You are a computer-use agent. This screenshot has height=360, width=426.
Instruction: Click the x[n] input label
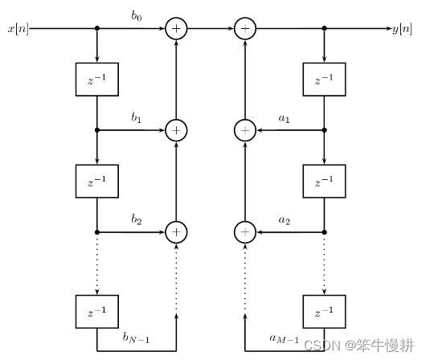click(18, 29)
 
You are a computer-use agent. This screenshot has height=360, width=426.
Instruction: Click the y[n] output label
click(402, 29)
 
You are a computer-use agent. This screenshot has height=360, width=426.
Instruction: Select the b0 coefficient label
click(137, 16)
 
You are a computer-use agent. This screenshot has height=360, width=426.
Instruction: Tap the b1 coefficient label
click(137, 117)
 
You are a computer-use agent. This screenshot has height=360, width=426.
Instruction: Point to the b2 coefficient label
click(137, 219)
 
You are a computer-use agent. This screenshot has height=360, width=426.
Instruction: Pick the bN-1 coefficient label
click(136, 338)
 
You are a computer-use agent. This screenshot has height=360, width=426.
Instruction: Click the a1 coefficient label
click(285, 118)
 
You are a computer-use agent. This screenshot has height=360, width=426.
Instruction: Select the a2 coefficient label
click(285, 220)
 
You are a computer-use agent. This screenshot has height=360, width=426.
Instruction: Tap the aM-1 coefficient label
click(285, 339)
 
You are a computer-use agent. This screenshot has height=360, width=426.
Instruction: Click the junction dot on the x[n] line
click(97, 28)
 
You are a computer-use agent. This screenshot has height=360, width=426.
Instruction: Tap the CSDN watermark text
click(358, 346)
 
